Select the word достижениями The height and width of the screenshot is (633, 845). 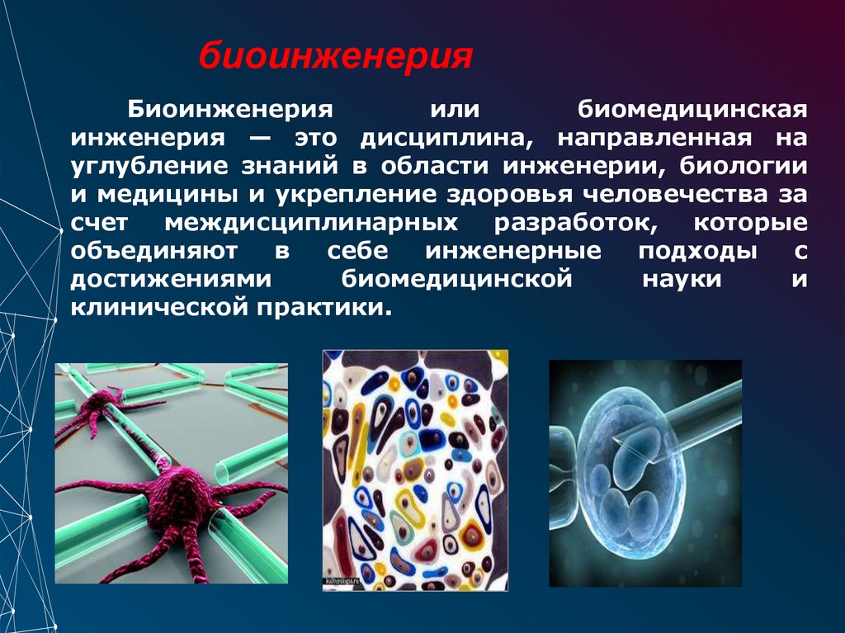point(170,280)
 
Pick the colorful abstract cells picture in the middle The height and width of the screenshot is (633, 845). point(414,466)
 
